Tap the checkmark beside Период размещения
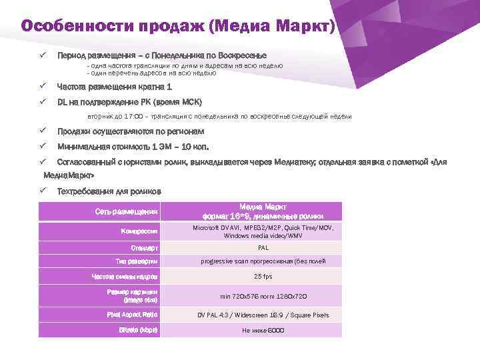[42, 55]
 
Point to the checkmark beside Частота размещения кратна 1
[42, 87]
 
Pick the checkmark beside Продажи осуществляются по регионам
[42, 131]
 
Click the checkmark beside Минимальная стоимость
[42, 146]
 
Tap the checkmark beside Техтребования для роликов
[42, 192]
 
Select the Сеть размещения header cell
[126, 212]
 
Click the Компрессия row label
[139, 231]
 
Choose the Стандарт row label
[144, 247]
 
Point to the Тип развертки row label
[137, 261]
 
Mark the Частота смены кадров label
[125, 276]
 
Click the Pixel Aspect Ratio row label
[132, 314]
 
